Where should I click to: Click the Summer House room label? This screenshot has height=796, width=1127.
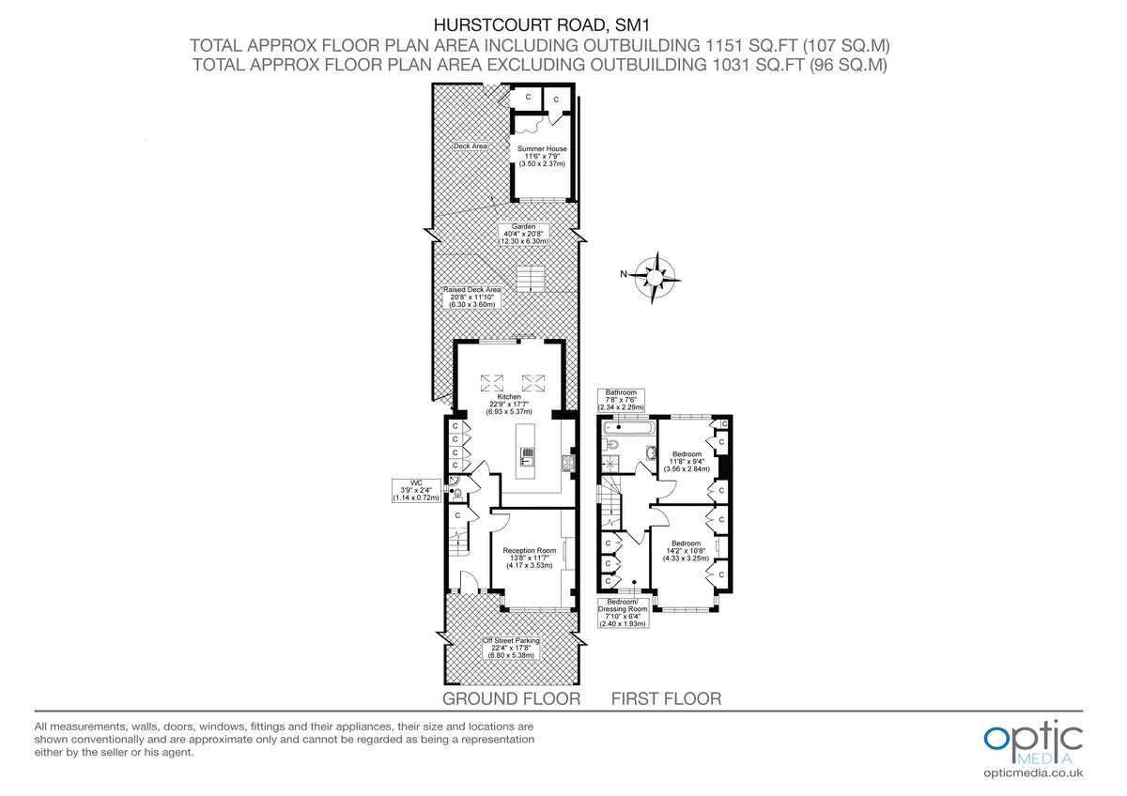point(542,156)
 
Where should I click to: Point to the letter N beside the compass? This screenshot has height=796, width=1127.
point(623,275)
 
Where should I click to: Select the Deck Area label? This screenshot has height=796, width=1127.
point(470,146)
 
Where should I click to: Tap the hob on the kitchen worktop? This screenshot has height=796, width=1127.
point(567,462)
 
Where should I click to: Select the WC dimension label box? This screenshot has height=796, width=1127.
point(416,491)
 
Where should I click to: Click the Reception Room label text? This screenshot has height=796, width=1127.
point(529,558)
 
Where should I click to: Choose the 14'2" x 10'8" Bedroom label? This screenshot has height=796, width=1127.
point(686,550)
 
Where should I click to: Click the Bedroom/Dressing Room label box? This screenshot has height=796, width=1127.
point(623,612)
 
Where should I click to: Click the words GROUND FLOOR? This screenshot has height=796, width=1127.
point(511,699)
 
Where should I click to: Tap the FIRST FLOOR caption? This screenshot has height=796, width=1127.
point(666,699)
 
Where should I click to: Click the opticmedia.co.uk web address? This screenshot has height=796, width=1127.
point(1033,773)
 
